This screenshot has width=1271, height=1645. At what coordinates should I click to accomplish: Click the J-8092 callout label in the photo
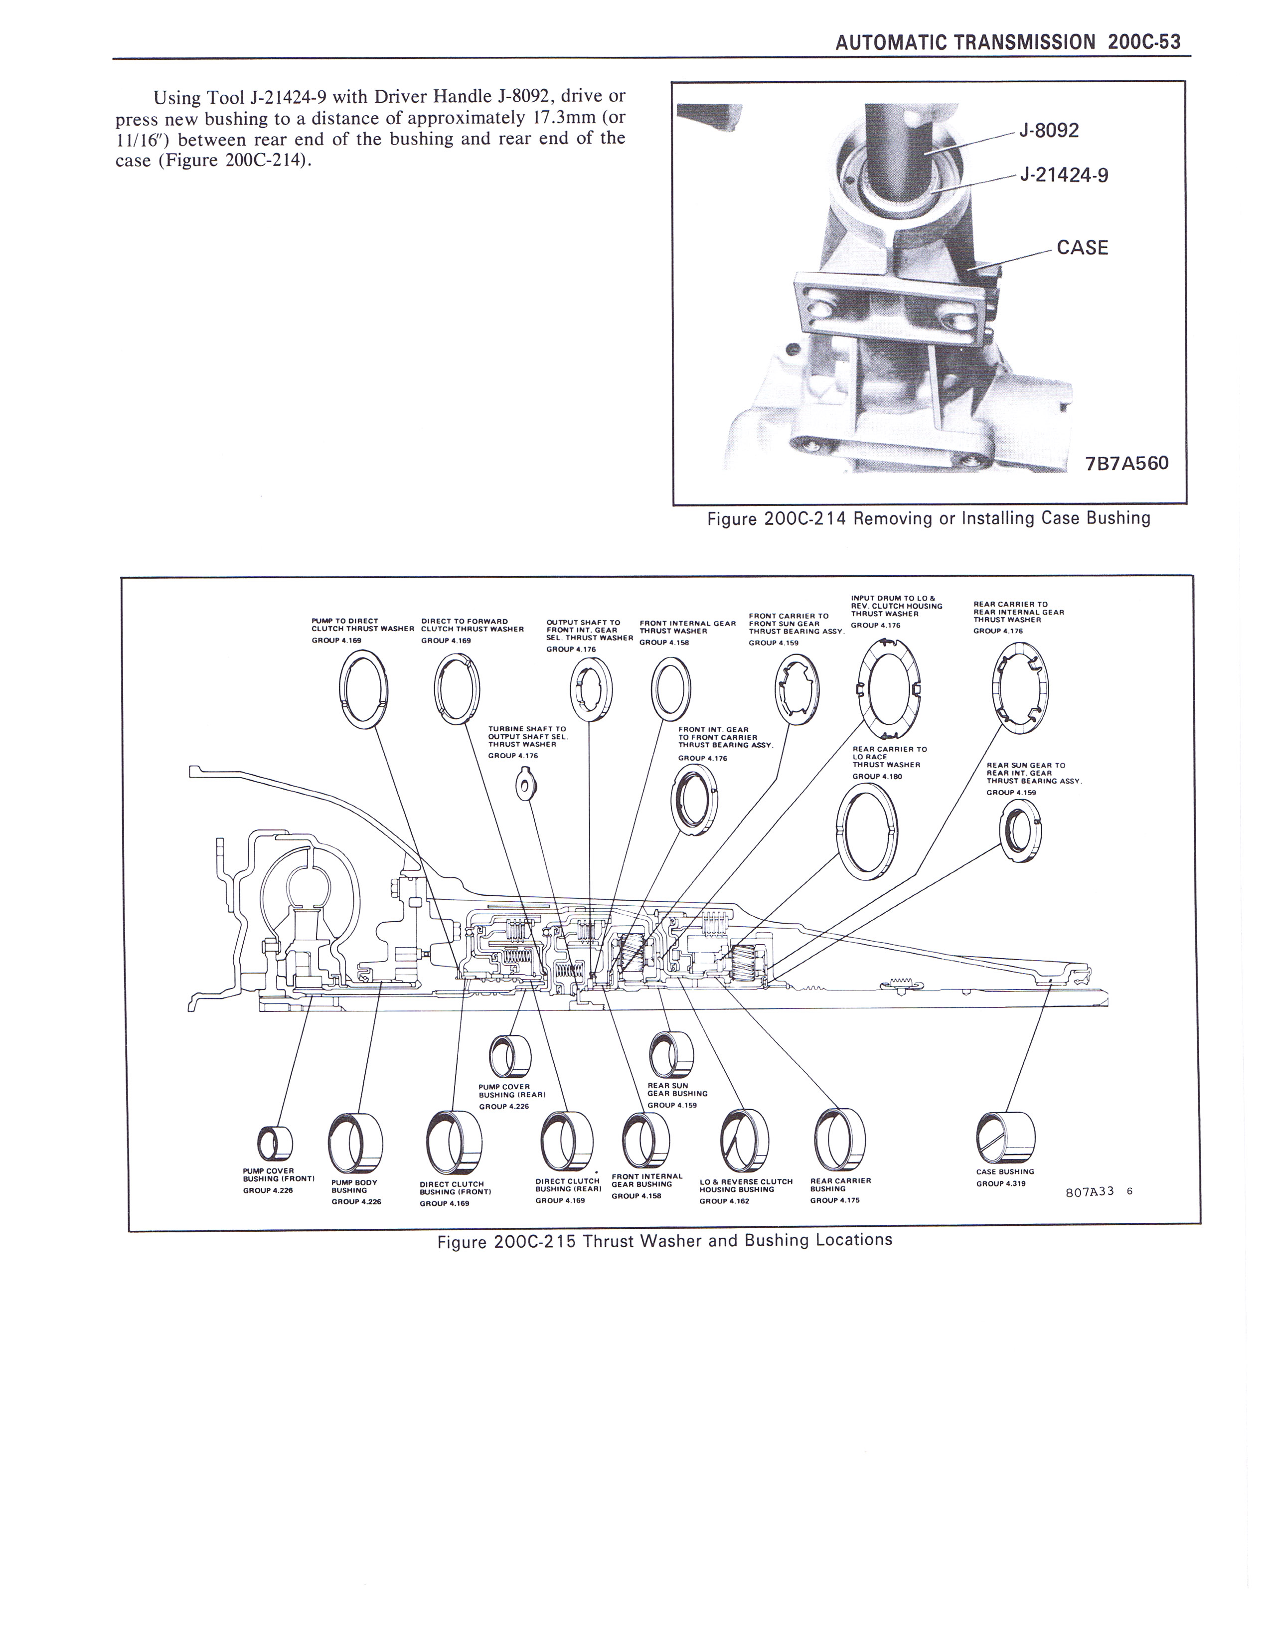point(1049,130)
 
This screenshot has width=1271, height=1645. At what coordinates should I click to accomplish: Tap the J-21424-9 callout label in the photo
point(1063,175)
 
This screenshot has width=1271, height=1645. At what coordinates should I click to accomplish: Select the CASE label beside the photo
point(1083,248)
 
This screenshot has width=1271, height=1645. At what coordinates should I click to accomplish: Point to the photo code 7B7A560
point(1126,463)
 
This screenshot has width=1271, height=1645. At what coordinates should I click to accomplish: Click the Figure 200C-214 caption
point(929,518)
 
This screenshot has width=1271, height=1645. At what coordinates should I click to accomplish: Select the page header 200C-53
point(1144,42)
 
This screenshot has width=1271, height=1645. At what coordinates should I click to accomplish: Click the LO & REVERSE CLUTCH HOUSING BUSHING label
point(746,1185)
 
